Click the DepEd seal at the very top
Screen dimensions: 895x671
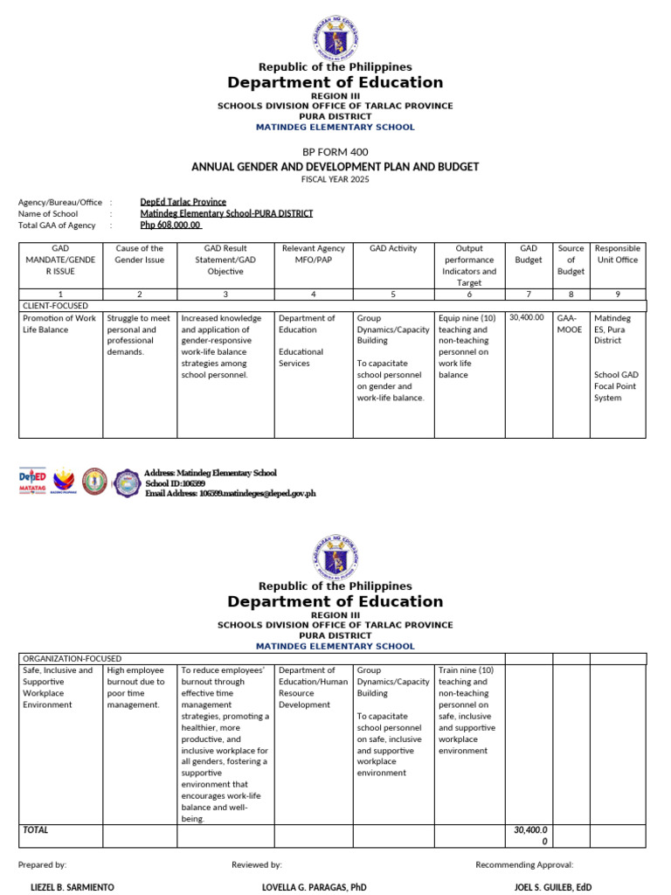coord(335,37)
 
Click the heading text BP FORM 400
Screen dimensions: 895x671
coord(335,151)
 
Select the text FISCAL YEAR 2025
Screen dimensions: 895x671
coord(335,179)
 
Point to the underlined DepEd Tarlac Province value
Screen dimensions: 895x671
coord(183,202)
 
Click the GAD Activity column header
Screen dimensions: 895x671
coord(394,249)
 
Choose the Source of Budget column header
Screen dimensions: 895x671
coord(571,260)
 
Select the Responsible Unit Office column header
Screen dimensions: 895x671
coord(617,254)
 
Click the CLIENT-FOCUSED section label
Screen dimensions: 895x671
coord(55,306)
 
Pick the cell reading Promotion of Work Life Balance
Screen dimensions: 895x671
coord(59,324)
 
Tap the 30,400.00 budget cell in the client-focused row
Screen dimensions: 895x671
coord(527,318)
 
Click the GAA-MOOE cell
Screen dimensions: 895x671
coord(571,324)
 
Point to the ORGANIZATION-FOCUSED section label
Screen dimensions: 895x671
coord(73,658)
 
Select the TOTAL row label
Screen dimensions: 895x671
coord(36,829)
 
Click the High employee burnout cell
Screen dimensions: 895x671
coord(135,687)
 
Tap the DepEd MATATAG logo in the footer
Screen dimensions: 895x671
coord(32,482)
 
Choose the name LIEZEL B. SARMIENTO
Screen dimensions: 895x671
coord(72,887)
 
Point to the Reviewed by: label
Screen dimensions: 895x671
coord(256,864)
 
